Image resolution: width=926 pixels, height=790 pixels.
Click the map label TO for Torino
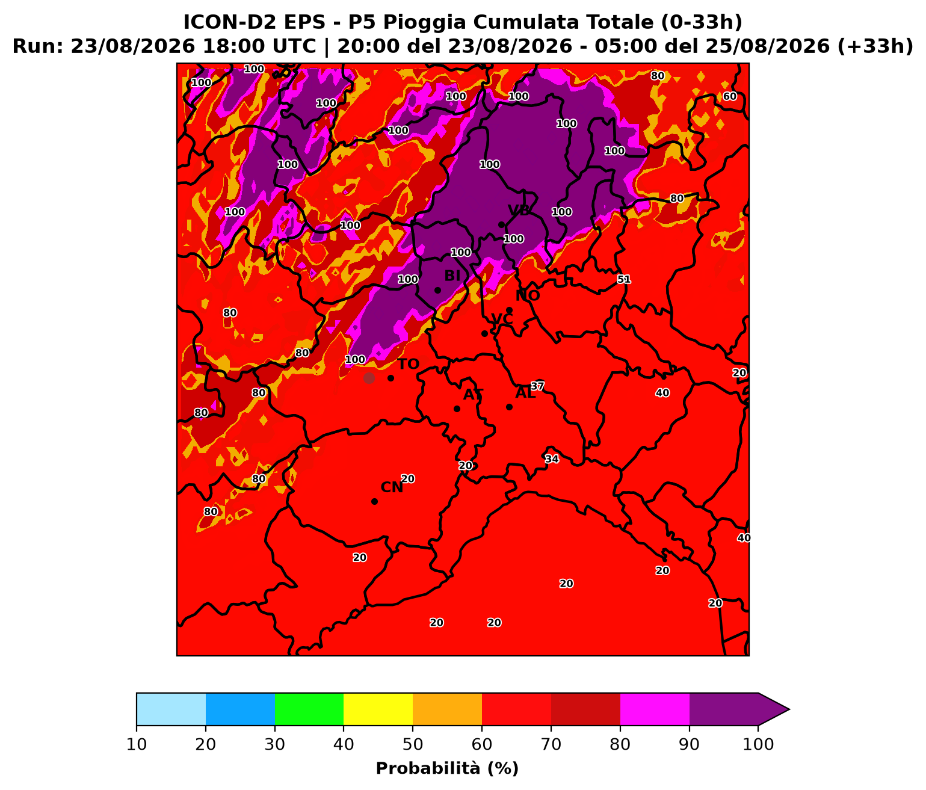(x=408, y=364)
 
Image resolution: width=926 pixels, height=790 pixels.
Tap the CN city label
(x=392, y=487)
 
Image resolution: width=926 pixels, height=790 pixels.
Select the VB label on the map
(x=519, y=210)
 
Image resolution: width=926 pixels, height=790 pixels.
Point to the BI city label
(x=452, y=276)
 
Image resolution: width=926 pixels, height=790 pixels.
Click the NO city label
(x=528, y=296)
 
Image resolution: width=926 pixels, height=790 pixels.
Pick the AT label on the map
(x=473, y=395)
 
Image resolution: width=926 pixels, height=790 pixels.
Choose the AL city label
(x=525, y=393)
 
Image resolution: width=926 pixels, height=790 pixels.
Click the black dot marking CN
(x=374, y=501)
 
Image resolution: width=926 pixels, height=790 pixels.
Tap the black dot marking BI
(x=437, y=291)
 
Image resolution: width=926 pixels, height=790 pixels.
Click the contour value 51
(x=623, y=280)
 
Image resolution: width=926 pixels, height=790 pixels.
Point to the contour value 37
(x=537, y=386)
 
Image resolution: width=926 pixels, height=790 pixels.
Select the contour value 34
(x=552, y=459)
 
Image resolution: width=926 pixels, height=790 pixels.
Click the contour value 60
(x=729, y=96)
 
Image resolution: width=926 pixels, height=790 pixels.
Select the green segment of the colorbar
(x=309, y=709)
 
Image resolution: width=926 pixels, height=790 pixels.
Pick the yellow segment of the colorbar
(x=378, y=709)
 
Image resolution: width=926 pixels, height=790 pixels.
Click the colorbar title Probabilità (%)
(x=447, y=769)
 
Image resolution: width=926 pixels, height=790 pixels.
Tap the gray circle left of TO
(x=369, y=378)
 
